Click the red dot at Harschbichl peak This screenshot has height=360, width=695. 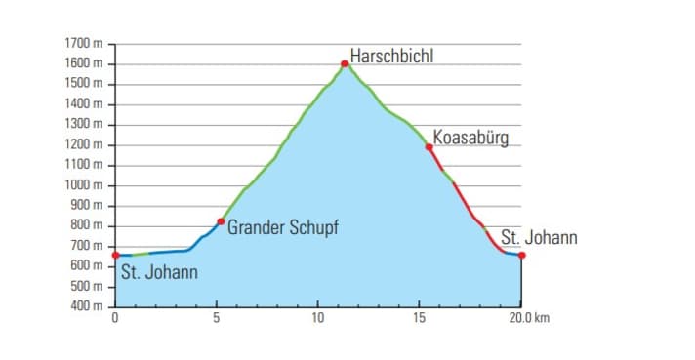click(345, 64)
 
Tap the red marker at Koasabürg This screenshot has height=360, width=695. click(429, 147)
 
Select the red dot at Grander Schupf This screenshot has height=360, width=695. click(221, 221)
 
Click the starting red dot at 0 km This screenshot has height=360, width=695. click(116, 256)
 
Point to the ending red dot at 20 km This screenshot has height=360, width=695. click(522, 256)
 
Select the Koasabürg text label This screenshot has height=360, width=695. click(470, 138)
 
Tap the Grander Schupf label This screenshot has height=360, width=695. click(283, 228)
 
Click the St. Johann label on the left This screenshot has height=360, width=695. click(159, 272)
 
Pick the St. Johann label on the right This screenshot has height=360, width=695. click(539, 237)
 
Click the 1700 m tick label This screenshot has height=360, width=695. click(84, 44)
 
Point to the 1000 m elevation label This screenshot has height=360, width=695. click(84, 185)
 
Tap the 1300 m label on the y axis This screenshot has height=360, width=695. click(84, 125)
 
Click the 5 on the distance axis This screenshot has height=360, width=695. click(217, 318)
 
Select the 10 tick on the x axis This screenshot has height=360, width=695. click(318, 318)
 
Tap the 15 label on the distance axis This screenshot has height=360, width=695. click(419, 318)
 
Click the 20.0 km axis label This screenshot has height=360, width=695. click(529, 318)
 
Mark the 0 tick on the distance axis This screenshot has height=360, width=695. click(116, 318)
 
